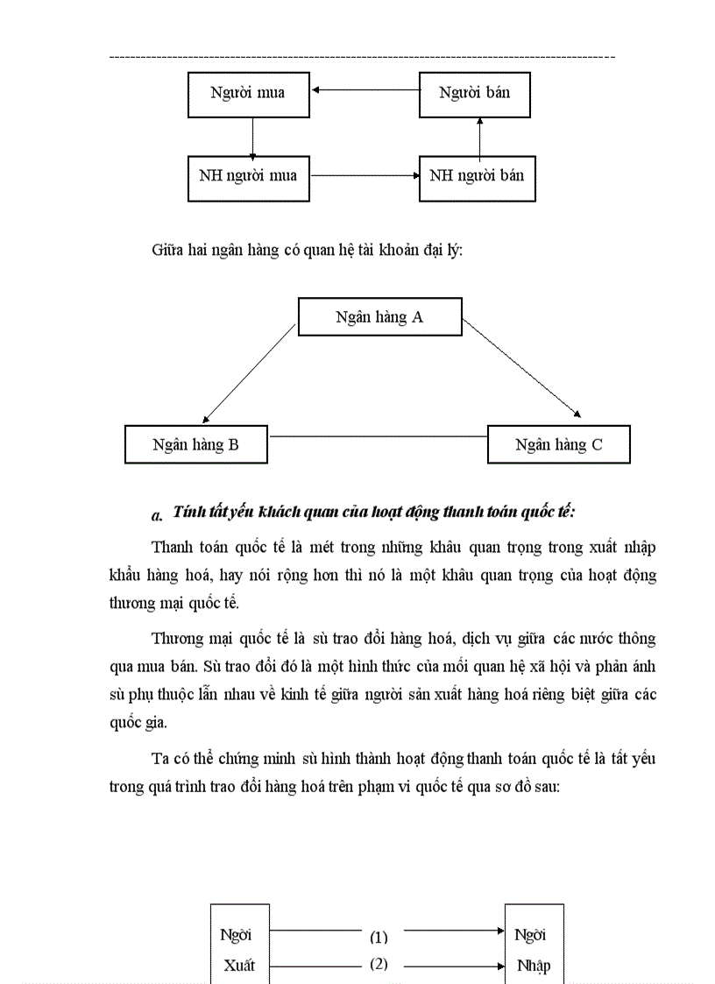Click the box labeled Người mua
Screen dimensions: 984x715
(x=249, y=94)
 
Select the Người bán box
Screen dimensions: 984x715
(x=477, y=94)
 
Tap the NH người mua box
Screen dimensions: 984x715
(x=249, y=177)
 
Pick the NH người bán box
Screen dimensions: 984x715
(x=477, y=177)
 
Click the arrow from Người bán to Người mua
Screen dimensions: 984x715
(x=365, y=89)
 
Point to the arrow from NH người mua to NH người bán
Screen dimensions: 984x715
(x=365, y=175)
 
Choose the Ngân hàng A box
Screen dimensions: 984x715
(x=379, y=317)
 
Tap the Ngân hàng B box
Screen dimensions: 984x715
(x=196, y=444)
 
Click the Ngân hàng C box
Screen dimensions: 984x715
(x=558, y=444)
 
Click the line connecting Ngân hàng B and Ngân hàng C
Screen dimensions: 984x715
(x=377, y=435)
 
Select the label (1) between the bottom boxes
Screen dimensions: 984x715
(x=379, y=937)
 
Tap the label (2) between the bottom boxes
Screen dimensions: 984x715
(x=379, y=965)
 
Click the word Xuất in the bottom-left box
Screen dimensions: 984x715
(x=239, y=966)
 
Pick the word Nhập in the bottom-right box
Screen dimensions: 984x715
(x=534, y=966)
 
